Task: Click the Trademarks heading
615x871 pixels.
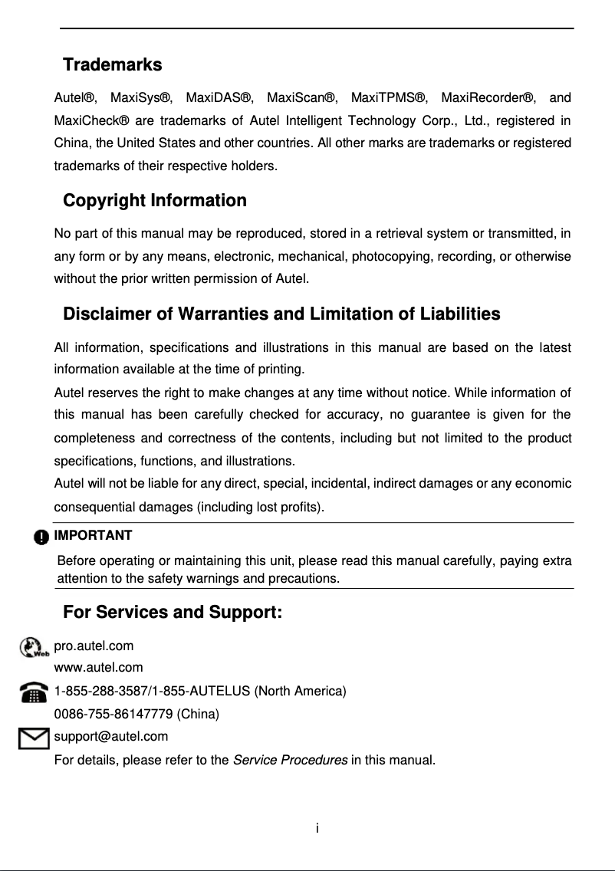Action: click(x=112, y=65)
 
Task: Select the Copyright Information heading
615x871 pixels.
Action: click(x=154, y=201)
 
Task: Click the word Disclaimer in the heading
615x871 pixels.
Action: click(x=107, y=314)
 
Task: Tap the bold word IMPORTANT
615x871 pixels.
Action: click(x=93, y=535)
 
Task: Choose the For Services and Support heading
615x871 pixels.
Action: click(x=173, y=613)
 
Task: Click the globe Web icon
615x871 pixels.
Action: click(x=34, y=649)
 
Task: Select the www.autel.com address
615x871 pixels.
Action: click(x=98, y=668)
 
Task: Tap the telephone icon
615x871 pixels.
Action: click(x=34, y=693)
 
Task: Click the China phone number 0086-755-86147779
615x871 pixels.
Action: click(x=113, y=715)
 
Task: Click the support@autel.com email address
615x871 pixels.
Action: click(x=111, y=737)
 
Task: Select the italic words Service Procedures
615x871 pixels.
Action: click(x=290, y=761)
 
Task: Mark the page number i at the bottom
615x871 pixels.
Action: click(x=317, y=828)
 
